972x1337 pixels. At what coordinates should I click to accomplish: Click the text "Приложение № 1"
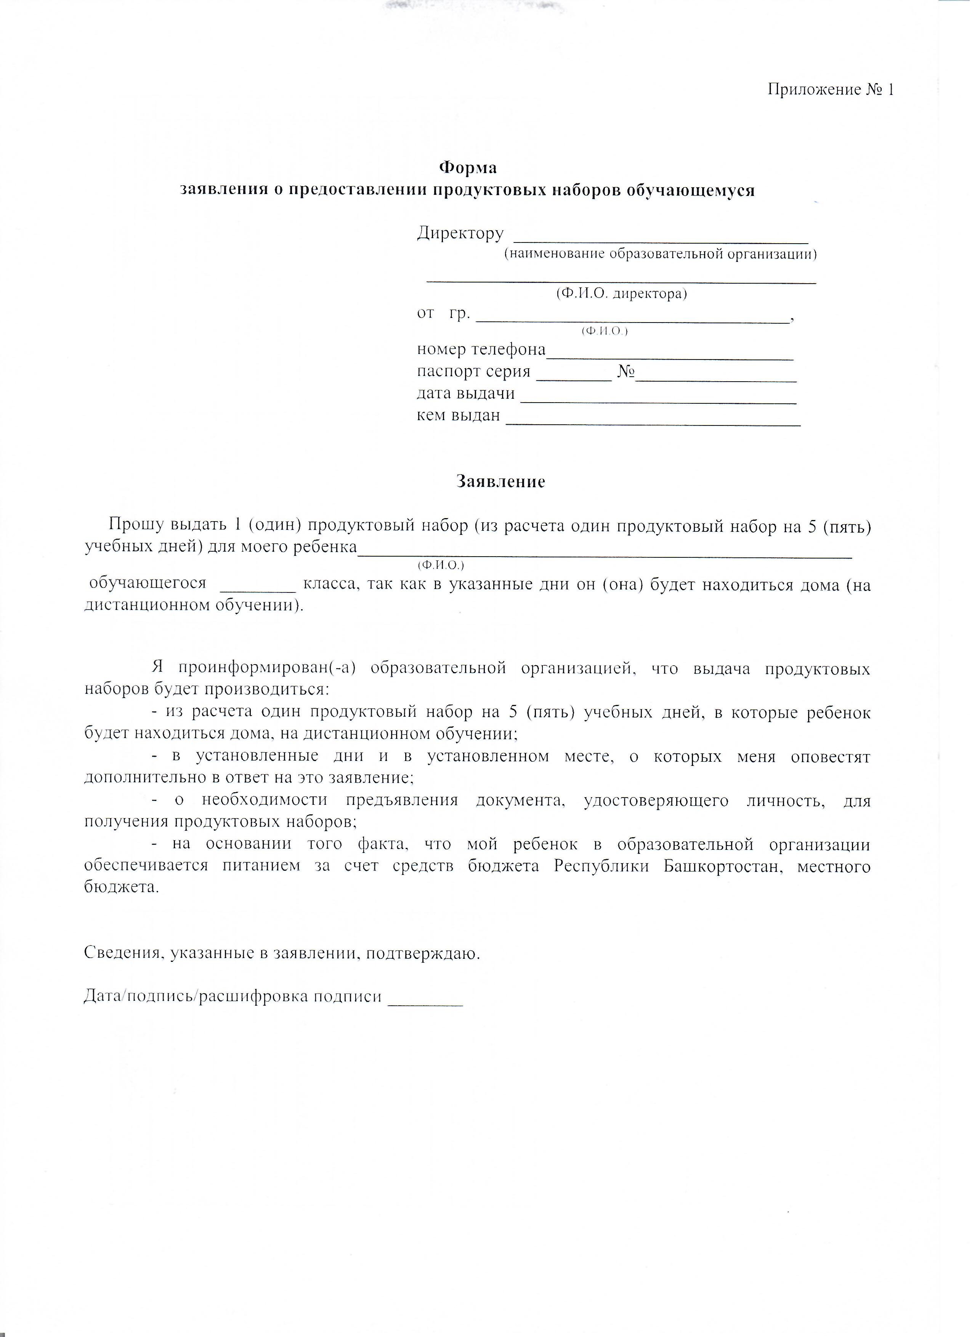click(x=831, y=90)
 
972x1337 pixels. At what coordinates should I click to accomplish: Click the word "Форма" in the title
click(x=468, y=168)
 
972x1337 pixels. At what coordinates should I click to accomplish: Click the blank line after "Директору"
click(x=661, y=241)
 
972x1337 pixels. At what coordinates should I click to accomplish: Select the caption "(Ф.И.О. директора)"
click(x=622, y=294)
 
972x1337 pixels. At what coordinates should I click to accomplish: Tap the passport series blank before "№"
click(x=575, y=379)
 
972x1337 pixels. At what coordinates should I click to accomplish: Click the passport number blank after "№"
click(x=717, y=379)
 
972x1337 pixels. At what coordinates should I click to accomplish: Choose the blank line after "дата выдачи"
click(x=658, y=401)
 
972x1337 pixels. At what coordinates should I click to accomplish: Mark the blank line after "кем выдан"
click(x=653, y=423)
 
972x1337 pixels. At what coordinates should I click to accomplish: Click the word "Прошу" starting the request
click(x=136, y=525)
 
